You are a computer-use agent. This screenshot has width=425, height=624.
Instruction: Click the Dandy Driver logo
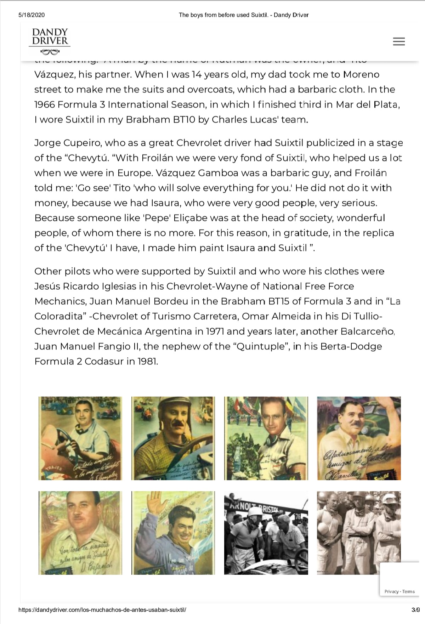[50, 41]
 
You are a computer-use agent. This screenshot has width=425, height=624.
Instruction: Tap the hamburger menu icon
[399, 41]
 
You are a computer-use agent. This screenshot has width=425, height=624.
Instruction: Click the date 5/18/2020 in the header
[32, 15]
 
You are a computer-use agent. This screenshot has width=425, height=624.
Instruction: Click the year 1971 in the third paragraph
[209, 331]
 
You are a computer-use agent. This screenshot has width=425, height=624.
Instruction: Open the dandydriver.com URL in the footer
[102, 610]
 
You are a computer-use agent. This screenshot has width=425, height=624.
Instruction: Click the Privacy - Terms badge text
[399, 591]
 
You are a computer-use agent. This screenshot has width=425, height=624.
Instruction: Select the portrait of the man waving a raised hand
[173, 533]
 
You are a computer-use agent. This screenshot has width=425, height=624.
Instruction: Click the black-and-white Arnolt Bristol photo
[266, 533]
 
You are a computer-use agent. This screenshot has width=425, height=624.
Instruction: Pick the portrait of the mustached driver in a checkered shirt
[173, 438]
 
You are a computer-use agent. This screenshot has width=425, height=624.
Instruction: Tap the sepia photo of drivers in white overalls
[359, 533]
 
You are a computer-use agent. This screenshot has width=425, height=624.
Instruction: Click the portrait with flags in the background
[266, 438]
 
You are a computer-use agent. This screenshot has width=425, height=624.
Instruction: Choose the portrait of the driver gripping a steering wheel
[80, 438]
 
